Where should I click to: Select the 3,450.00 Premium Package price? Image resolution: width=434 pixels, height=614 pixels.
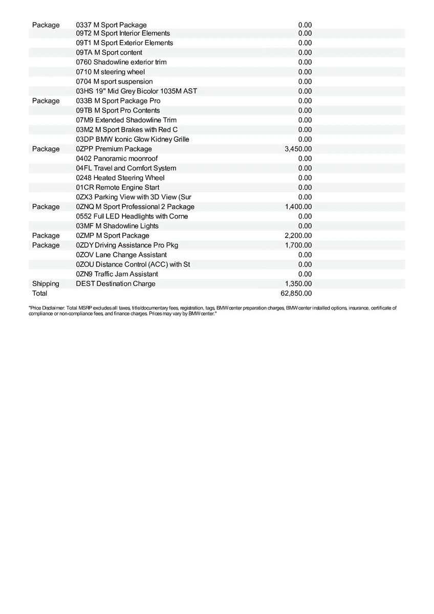point(298,149)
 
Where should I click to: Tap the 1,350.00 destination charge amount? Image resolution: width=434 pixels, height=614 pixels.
point(298,284)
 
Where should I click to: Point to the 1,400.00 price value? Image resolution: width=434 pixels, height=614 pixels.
point(298,207)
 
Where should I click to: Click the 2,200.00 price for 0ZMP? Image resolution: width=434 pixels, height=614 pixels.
point(298,236)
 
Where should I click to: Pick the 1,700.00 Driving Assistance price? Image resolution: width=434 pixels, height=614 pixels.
point(298,246)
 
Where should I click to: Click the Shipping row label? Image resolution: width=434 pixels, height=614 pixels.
point(46,284)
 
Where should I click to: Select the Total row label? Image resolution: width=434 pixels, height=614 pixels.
point(39,294)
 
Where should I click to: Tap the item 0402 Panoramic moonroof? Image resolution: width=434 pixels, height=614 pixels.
point(117,159)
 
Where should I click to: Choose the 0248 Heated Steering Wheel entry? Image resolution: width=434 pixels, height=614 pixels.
point(120,178)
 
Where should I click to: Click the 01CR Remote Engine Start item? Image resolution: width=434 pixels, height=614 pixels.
point(117,188)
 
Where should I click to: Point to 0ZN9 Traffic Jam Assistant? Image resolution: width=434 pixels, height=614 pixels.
point(117,274)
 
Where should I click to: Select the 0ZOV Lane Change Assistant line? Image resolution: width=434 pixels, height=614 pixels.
point(121,255)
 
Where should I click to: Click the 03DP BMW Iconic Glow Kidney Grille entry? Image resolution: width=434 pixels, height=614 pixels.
point(133,139)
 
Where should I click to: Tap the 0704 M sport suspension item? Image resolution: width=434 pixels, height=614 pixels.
point(114,81)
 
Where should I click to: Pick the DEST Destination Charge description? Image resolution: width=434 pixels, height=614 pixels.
point(116,284)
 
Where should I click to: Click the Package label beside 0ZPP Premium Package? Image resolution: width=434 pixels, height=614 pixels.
point(46,149)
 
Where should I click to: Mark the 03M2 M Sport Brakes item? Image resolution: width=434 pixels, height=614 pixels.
point(127,130)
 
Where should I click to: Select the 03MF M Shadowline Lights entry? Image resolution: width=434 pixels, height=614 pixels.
point(117,226)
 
